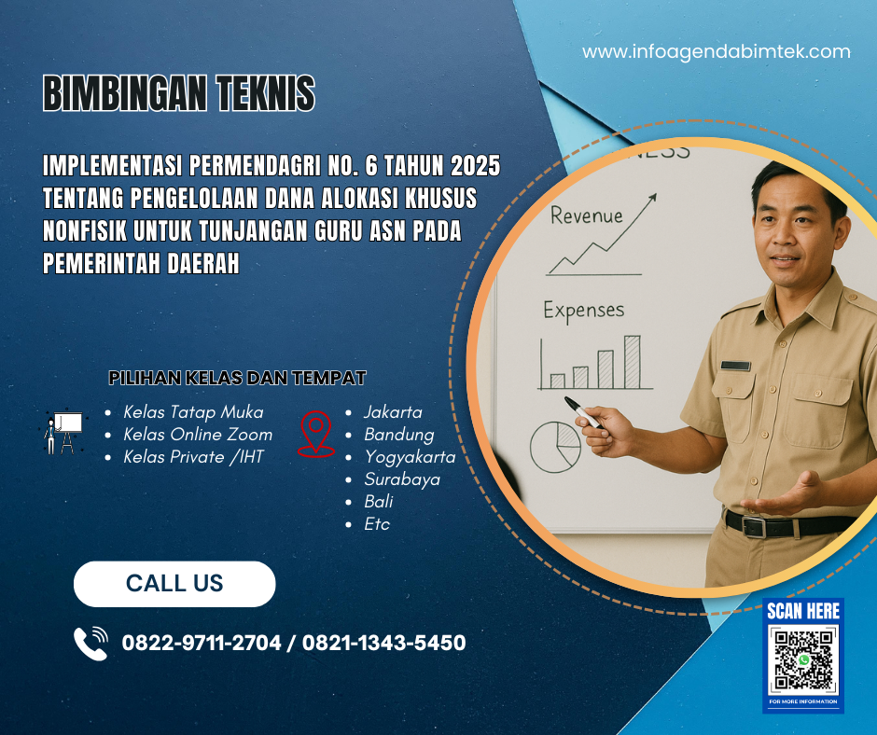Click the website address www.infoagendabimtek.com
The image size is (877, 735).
tap(717, 52)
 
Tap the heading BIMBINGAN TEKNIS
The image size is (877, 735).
tap(179, 94)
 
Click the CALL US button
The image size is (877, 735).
tap(174, 584)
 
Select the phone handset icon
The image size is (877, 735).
tap(90, 644)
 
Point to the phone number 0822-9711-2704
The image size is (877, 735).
tap(202, 643)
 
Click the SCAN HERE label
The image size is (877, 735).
tap(802, 612)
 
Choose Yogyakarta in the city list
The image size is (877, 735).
tap(410, 457)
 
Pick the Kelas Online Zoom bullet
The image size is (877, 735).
tap(198, 435)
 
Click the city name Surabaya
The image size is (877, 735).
tap(402, 479)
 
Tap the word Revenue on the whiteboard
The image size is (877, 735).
tap(586, 215)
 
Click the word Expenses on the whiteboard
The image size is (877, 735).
tap(584, 310)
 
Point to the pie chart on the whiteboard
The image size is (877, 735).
tap(555, 446)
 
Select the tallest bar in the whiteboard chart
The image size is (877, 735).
tap(632, 361)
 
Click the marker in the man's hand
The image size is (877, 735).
tap(582, 412)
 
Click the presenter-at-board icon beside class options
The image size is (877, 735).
tap(64, 432)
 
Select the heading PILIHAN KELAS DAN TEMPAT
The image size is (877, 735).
tap(237, 378)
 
